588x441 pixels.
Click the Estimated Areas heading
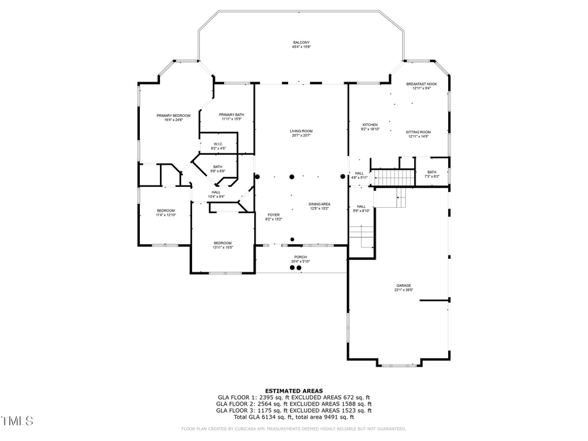point(293,391)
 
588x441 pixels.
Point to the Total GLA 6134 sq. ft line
point(293,417)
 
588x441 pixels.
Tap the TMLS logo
point(17,421)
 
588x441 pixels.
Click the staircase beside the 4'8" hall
point(394,177)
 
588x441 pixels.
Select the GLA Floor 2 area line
point(293,404)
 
